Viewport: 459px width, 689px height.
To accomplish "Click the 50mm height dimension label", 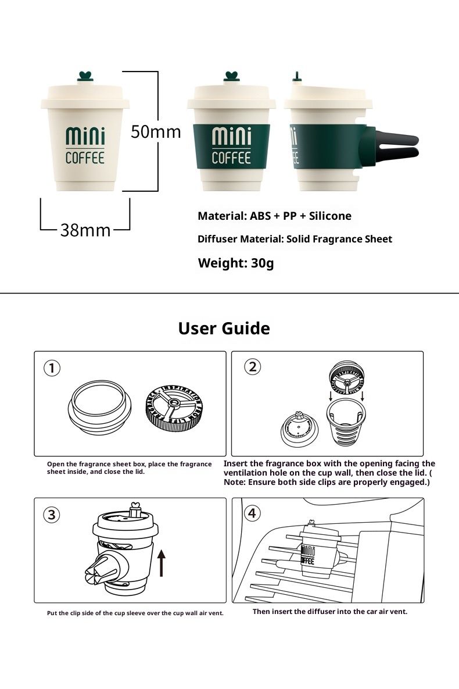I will click(155, 131).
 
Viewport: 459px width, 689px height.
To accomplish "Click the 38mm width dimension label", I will click(85, 230).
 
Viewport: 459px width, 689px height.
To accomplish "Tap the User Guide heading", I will click(224, 329).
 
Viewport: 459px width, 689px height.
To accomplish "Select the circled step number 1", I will click(52, 368).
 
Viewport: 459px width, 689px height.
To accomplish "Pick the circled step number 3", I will click(52, 515).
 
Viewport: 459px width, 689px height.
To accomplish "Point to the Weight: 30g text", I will click(235, 263).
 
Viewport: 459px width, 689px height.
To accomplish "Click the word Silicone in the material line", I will click(329, 216).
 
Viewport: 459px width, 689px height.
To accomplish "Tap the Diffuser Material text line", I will click(295, 239).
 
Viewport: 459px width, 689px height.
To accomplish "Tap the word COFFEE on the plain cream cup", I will click(85, 158).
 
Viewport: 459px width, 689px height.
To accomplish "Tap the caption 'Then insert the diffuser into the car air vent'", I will click(329, 612).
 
